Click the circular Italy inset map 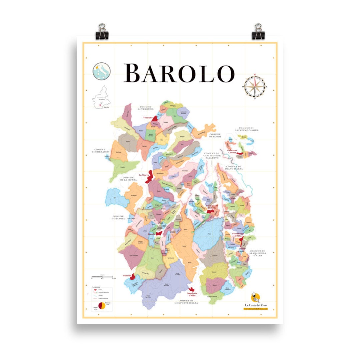[x=101, y=71]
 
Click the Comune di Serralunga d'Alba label [x=257, y=253]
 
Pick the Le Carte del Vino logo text [x=256, y=305]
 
